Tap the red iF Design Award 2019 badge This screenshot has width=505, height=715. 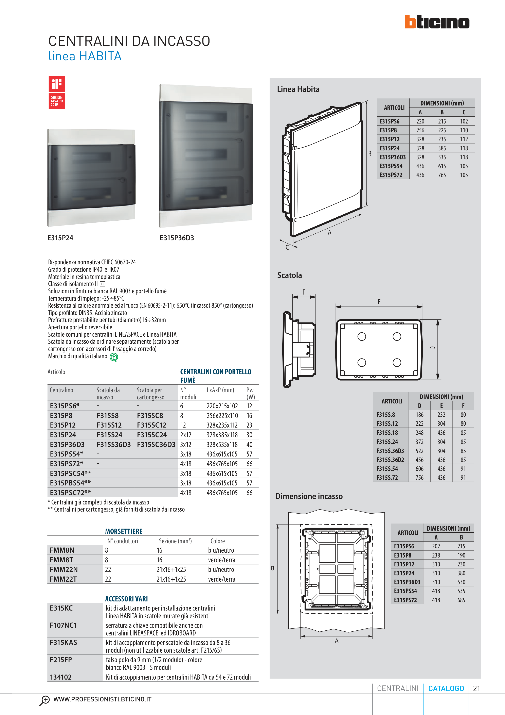coord(57,93)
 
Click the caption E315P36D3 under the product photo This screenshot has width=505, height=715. coord(177,238)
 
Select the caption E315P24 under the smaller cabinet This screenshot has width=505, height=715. coord(60,238)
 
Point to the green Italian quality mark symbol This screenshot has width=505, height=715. coord(114,357)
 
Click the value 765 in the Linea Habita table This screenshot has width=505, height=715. coord(442,175)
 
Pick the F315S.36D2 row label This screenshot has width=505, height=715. coord(390,460)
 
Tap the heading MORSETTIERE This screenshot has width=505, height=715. coord(124,531)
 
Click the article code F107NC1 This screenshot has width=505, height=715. coord(63,625)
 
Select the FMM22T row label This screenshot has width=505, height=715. coord(63,579)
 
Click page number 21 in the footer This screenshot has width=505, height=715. coord(476,688)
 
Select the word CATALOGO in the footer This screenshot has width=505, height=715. coord(446,688)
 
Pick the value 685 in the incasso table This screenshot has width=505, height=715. coord(461,600)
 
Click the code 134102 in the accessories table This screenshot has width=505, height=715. coord(61,677)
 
